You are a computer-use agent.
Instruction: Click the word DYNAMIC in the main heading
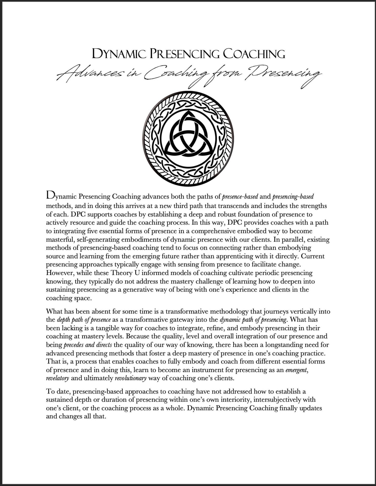coord(119,54)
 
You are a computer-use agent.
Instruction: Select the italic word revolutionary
coord(131,378)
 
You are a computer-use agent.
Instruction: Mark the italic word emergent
coord(296,370)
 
